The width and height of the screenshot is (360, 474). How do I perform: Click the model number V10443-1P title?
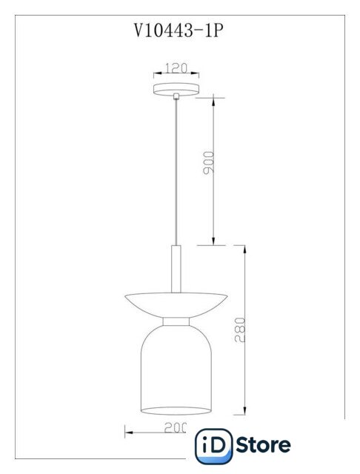coord(179,30)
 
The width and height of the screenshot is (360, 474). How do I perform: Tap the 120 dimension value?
coord(176,68)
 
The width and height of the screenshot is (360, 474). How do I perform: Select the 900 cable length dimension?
coord(208,163)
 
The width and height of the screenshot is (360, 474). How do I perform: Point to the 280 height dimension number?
coord(240,330)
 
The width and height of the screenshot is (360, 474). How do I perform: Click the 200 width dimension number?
coord(176,427)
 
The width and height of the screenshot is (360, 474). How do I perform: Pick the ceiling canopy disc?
coord(176,89)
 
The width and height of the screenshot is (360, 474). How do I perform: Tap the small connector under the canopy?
coord(176,96)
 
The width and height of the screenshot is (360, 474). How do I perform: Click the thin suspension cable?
coord(176,172)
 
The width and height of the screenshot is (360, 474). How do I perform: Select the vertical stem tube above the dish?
coord(176,269)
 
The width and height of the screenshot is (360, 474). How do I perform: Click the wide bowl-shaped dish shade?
coord(176,304)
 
